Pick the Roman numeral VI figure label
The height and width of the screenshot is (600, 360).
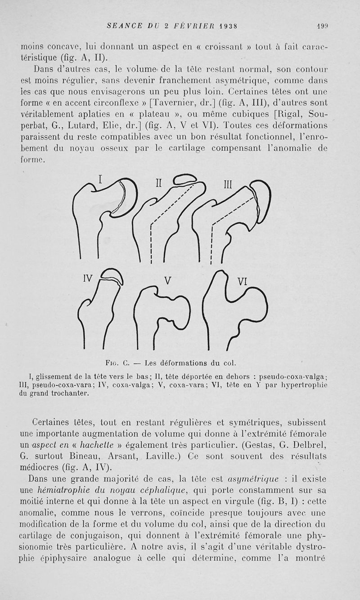click(x=243, y=282)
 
